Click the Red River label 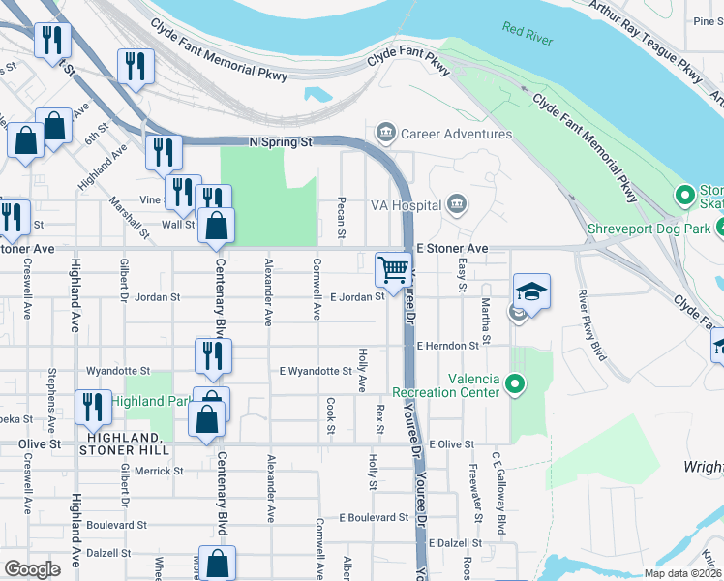(527, 30)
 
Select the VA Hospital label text (406, 205)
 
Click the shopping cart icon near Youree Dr (393, 269)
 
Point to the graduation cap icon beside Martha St (531, 290)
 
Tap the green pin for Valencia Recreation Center (515, 385)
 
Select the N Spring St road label (282, 141)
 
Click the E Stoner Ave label (452, 249)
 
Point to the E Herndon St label (448, 346)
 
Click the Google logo (33, 568)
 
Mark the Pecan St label (341, 220)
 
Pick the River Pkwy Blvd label (591, 324)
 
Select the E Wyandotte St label (317, 371)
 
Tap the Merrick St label (159, 471)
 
